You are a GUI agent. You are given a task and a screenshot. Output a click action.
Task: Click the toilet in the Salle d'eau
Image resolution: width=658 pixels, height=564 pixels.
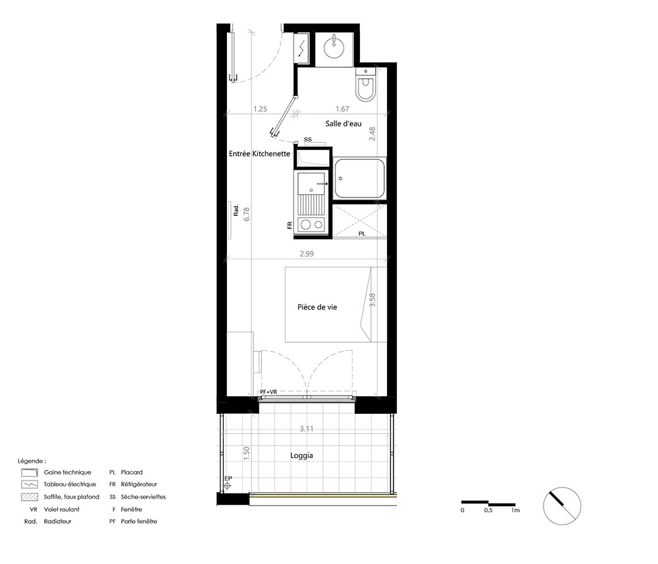pyautogui.click(x=365, y=84)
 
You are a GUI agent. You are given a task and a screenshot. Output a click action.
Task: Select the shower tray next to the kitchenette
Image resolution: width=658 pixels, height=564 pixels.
pyautogui.click(x=360, y=179)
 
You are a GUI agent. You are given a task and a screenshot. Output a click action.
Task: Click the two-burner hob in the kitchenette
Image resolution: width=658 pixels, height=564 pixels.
pyautogui.click(x=311, y=225)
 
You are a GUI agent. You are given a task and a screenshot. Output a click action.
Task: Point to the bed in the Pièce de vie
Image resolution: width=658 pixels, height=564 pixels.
pyautogui.click(x=328, y=305)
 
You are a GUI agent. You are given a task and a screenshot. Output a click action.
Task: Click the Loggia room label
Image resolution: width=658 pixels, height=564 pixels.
pyautogui.click(x=302, y=455)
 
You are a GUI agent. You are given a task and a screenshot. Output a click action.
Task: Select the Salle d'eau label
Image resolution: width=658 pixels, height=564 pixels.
pyautogui.click(x=343, y=123)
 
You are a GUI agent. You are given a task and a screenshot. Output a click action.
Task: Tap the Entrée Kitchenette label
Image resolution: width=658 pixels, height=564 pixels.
pyautogui.click(x=259, y=153)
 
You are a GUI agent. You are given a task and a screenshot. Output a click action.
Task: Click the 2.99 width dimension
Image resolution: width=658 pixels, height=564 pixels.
pyautogui.click(x=307, y=253)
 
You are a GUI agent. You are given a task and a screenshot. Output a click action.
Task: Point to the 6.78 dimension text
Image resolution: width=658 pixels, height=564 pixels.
pyautogui.click(x=247, y=214)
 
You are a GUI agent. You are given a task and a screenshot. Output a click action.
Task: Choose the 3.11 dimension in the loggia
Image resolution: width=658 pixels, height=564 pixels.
pyautogui.click(x=307, y=428)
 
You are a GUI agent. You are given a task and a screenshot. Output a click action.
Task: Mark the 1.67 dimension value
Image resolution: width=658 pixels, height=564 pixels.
pyautogui.click(x=342, y=109)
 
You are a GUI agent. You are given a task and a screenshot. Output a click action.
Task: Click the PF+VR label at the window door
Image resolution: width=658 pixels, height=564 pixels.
pyautogui.click(x=268, y=392)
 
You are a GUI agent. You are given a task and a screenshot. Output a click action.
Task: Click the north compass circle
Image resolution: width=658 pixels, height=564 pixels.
pyautogui.click(x=563, y=506)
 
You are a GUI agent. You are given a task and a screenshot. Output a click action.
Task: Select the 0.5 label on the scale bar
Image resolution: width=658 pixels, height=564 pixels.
pyautogui.click(x=488, y=510)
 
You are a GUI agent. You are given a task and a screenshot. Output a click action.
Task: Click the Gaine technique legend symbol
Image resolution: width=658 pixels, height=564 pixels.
pyautogui.click(x=30, y=473)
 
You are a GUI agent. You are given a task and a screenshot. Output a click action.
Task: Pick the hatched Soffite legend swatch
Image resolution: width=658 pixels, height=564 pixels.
pyautogui.click(x=30, y=497)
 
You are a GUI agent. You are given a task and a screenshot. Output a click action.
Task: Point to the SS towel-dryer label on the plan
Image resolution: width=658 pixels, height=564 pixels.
pyautogui.click(x=308, y=140)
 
